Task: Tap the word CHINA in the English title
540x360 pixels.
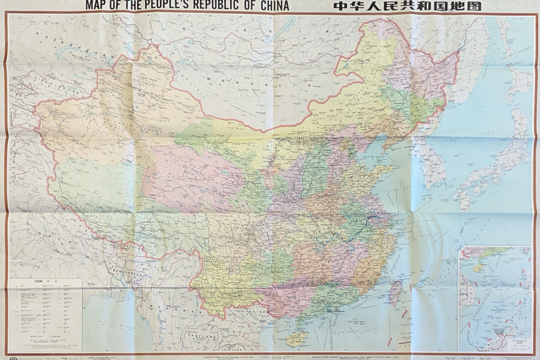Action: pos(272,6)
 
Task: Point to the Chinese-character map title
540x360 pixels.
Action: pos(402,6)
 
